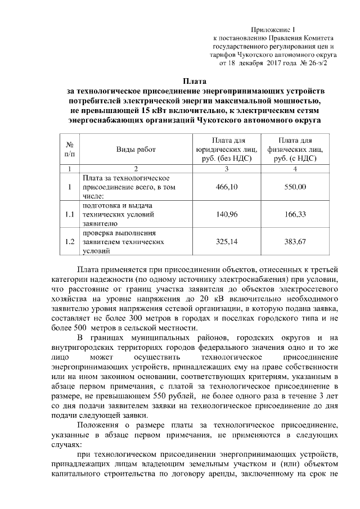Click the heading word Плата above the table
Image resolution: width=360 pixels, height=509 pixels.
pos(194,81)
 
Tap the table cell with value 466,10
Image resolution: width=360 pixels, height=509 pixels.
pos(227,187)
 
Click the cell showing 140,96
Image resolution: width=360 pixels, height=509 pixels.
pos(227,214)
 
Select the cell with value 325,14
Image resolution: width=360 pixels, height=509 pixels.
pos(227,242)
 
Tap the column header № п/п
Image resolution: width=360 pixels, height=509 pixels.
pos(69,150)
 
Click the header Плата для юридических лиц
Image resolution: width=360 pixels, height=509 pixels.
pos(227,150)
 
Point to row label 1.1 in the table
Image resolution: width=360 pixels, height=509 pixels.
pos(69,214)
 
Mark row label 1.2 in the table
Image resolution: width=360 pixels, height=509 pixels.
pos(69,242)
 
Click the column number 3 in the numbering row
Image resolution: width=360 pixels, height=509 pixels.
pos(227,169)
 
